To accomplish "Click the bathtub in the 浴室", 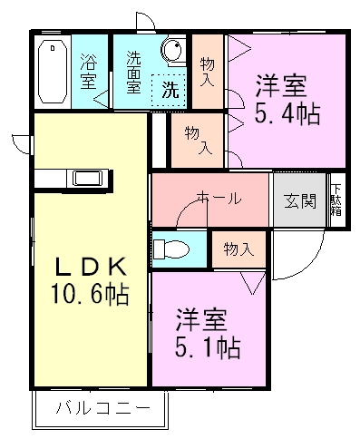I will [52, 71].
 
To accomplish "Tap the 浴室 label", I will [88, 72].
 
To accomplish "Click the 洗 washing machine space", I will [170, 91].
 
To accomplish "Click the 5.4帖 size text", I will [287, 115].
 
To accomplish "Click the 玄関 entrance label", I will [299, 200].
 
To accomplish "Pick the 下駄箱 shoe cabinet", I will [336, 200].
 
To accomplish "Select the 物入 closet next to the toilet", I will [238, 249].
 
